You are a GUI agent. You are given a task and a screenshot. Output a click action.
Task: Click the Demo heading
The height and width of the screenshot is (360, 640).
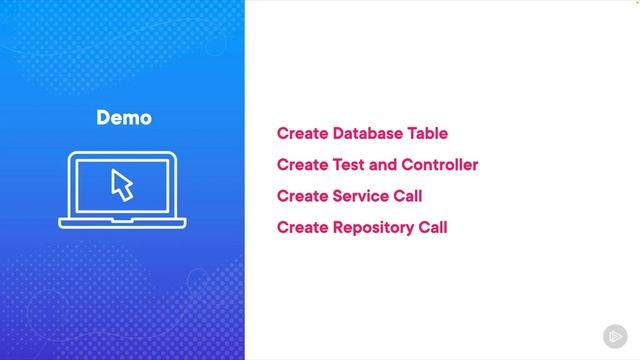pos(124,118)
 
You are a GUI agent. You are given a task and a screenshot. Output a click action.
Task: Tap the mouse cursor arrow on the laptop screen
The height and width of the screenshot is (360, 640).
pos(121,185)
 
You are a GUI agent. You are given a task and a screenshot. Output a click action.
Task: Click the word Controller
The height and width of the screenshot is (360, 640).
pos(439,164)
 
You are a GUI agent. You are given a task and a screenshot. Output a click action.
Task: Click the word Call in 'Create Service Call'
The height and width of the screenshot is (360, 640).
pos(408,196)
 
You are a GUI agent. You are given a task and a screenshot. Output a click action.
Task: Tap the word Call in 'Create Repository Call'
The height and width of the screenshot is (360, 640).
pos(432,227)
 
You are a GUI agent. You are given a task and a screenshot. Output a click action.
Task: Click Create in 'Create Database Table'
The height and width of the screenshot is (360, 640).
pos(302,133)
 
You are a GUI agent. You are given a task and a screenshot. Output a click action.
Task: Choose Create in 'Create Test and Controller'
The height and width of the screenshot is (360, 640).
pos(302,164)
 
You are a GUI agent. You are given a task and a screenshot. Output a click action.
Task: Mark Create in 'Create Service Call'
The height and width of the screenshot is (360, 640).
pos(302,196)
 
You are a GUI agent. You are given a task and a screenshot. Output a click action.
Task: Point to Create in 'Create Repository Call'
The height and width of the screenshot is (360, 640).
pos(302,227)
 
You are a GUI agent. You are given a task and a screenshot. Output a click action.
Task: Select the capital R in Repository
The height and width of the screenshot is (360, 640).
pos(337,227)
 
